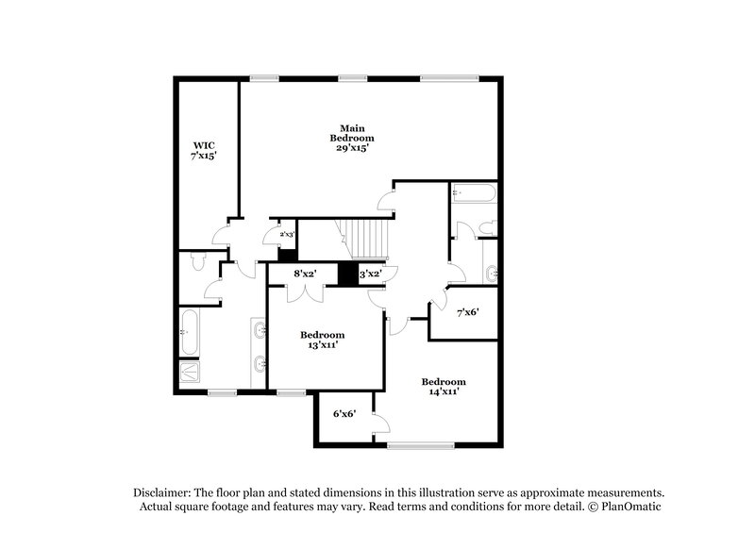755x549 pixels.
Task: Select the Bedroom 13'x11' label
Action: click(322, 340)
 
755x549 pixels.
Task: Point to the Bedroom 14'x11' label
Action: click(443, 386)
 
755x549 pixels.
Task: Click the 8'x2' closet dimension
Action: click(304, 274)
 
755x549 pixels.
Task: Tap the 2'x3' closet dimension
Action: click(287, 234)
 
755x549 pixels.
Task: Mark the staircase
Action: click(362, 237)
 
